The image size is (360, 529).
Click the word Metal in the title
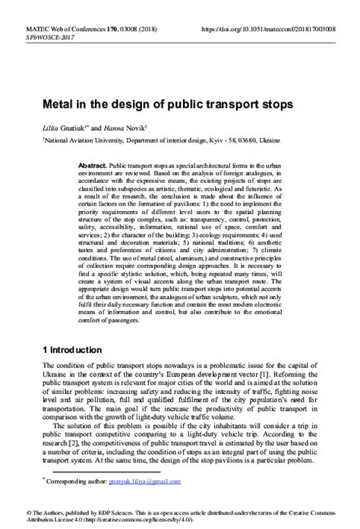58,102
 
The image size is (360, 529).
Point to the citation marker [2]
77,442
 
